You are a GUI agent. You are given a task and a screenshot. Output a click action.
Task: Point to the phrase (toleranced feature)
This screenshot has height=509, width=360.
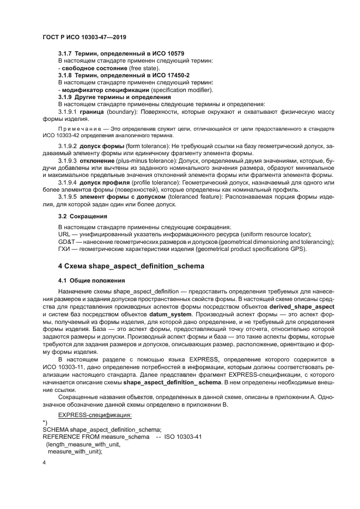click(x=176, y=197)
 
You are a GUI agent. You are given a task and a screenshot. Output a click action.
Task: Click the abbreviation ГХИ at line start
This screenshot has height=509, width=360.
click(x=64, y=249)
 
